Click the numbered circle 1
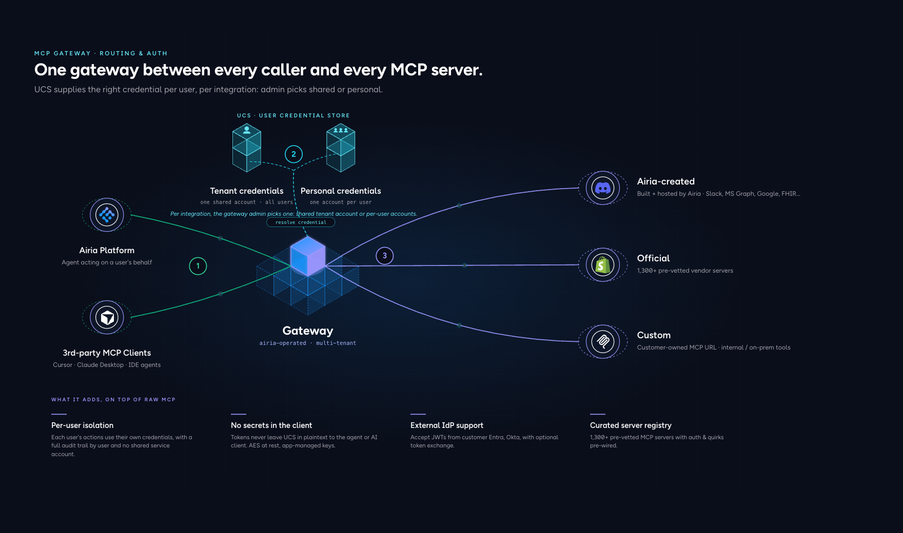(198, 266)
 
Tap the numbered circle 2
(293, 154)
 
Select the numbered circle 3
(385, 256)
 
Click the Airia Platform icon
(107, 215)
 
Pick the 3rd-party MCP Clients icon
(107, 317)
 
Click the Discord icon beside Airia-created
(603, 188)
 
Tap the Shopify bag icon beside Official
(603, 265)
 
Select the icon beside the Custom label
(603, 341)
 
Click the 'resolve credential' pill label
(301, 222)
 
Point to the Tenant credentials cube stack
(247, 148)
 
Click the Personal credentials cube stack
(341, 148)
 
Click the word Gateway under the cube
(308, 331)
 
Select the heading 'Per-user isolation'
(82, 425)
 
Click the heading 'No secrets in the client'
(271, 425)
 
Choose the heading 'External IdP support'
(447, 425)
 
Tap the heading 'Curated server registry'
(631, 425)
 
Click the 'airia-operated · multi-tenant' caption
(308, 343)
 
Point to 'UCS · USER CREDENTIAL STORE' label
(293, 116)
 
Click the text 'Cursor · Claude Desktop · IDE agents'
(107, 365)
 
